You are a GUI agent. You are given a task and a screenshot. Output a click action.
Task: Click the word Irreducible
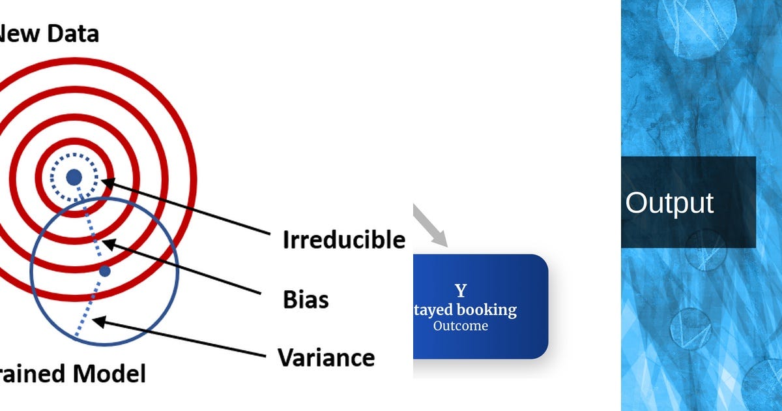(x=343, y=240)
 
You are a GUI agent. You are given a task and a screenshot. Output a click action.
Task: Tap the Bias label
(x=306, y=299)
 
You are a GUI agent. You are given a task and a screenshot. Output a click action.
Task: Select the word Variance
(x=326, y=358)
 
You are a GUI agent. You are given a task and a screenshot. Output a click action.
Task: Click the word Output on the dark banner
(x=669, y=203)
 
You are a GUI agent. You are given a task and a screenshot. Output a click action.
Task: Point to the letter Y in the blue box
(x=461, y=291)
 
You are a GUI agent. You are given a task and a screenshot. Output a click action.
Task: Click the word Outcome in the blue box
(x=460, y=326)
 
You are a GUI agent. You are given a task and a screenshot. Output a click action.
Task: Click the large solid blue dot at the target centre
(x=74, y=176)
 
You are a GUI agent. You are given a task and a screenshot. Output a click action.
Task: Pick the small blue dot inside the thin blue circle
(x=105, y=270)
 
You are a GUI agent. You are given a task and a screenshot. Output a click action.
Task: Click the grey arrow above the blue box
(x=431, y=226)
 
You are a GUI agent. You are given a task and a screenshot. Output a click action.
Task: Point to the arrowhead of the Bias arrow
(x=107, y=244)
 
